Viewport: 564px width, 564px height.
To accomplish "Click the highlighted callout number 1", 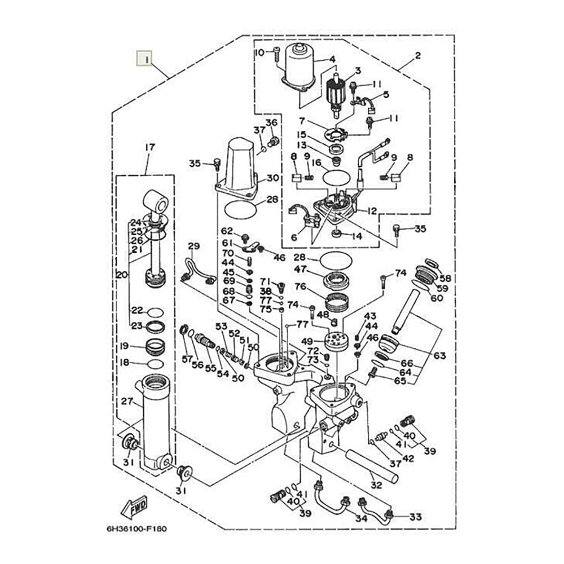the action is click(144, 59).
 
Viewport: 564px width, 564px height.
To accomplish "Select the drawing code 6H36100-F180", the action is click(136, 529).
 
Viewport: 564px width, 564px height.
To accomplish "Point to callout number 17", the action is click(149, 147).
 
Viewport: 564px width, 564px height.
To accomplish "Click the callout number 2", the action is click(417, 56).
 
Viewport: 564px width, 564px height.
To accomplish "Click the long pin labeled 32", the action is click(372, 466).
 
